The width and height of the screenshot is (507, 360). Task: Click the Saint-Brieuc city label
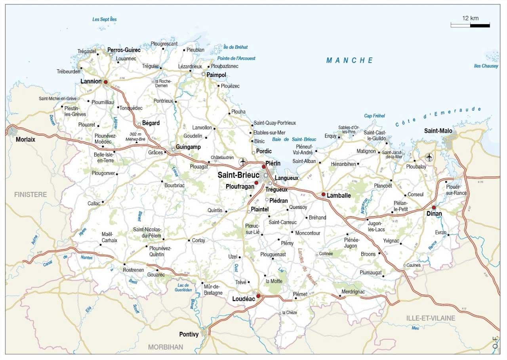pos(238,175)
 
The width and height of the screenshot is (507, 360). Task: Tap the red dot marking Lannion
pos(106,82)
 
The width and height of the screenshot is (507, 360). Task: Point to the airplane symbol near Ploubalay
pos(429,157)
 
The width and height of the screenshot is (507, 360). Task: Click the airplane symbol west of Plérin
pos(243,162)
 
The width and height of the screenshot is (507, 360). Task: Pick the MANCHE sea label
pos(350,61)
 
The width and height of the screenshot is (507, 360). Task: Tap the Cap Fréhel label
pos(374,116)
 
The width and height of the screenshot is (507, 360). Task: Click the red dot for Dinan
pos(434,207)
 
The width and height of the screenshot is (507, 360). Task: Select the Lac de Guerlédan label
pos(183,287)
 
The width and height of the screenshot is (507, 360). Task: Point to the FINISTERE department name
pos(30,195)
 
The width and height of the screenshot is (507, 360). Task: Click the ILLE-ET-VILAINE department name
pos(431,318)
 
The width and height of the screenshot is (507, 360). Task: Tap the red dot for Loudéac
pos(258,296)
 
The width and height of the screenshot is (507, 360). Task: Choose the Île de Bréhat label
pos(235,47)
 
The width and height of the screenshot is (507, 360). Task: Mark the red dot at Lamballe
pos(324,194)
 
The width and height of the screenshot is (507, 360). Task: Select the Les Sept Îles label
pos(105,19)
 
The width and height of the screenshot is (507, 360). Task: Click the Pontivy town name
pos(189,335)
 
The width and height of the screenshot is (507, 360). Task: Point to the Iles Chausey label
pos(486,66)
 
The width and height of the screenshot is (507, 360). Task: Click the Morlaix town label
pos(25,140)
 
